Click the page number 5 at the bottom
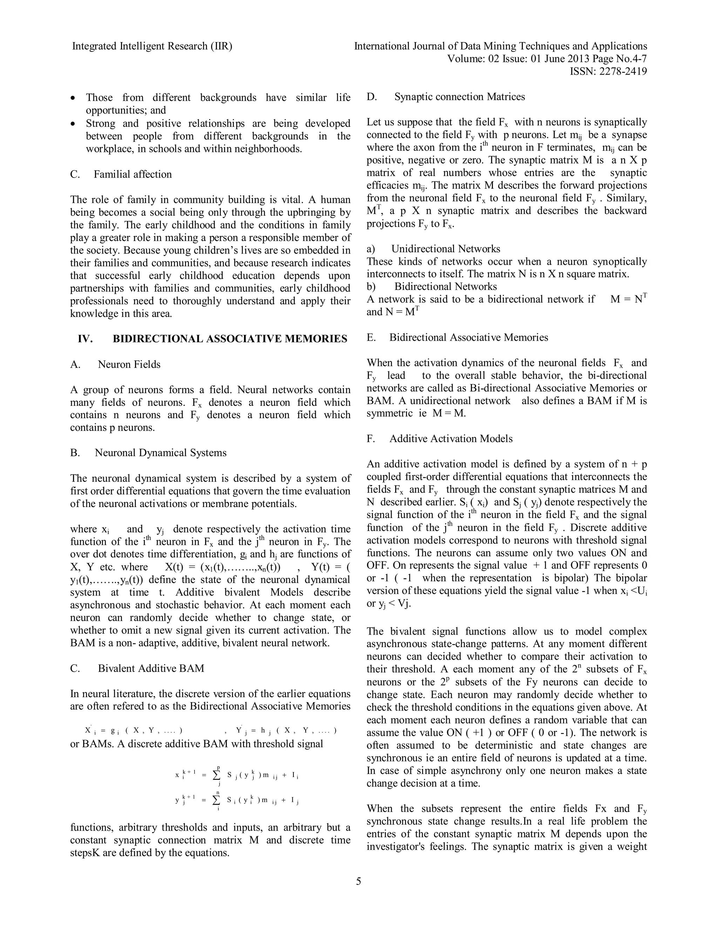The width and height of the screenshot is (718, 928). (x=358, y=881)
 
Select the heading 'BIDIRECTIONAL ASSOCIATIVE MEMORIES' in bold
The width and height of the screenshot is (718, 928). (x=230, y=339)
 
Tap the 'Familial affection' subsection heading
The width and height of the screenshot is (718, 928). (x=133, y=174)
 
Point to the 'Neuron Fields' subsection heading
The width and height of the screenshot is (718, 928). (x=129, y=364)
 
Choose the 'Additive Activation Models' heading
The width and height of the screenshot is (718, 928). (x=451, y=438)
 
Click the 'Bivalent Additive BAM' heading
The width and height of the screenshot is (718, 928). (x=151, y=669)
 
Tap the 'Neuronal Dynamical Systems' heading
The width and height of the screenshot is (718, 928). (x=160, y=452)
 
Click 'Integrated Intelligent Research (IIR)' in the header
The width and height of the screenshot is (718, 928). (x=152, y=46)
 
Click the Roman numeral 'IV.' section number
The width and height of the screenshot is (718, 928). (x=85, y=339)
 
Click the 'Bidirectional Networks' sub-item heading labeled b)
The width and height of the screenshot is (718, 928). (x=445, y=286)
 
